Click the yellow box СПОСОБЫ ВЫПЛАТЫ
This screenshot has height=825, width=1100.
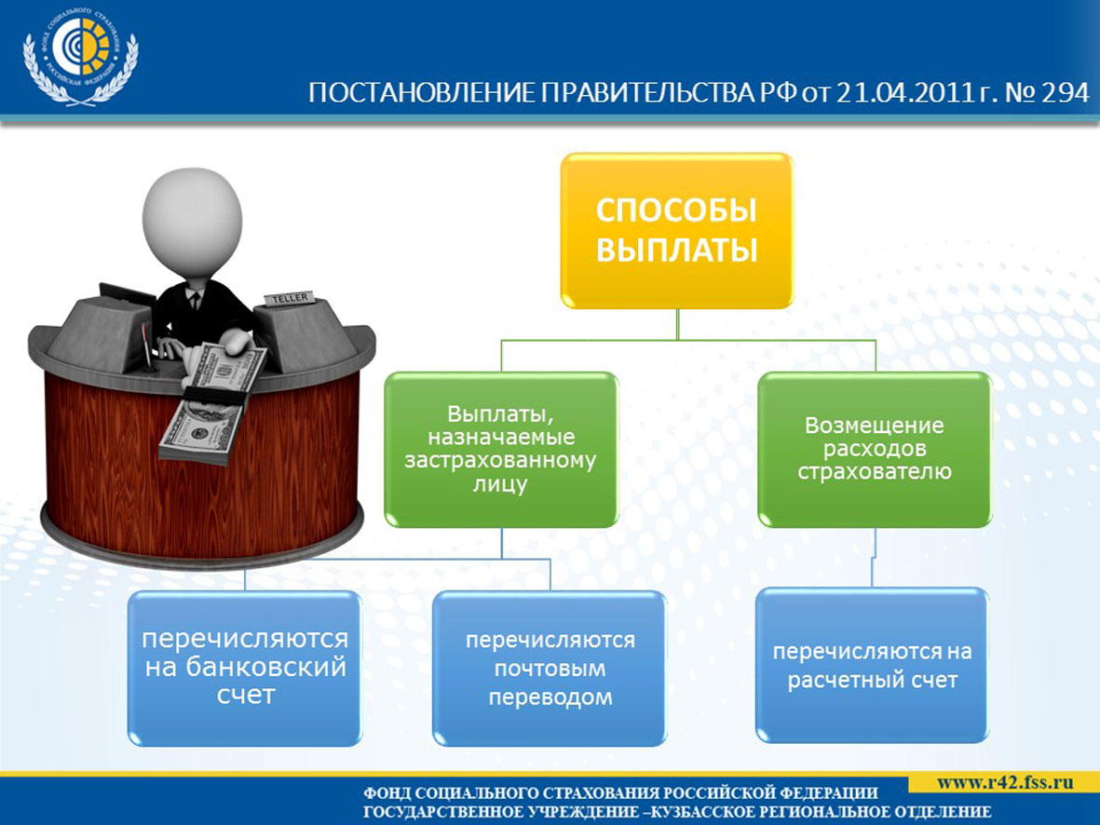click(x=677, y=231)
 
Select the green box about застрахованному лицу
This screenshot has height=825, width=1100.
click(x=501, y=450)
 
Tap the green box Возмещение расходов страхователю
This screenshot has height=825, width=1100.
click(x=874, y=450)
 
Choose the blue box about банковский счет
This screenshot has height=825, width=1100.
click(x=245, y=668)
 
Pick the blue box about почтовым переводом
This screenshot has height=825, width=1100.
click(x=550, y=668)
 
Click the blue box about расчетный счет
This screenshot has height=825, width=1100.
click(x=872, y=665)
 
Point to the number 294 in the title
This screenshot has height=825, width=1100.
click(x=1065, y=93)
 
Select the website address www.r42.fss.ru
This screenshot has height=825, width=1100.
click(x=1005, y=781)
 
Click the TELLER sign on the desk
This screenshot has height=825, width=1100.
click(x=290, y=299)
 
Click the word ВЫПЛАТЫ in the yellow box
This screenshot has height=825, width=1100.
click(x=677, y=250)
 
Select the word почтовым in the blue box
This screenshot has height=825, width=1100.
click(x=550, y=669)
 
